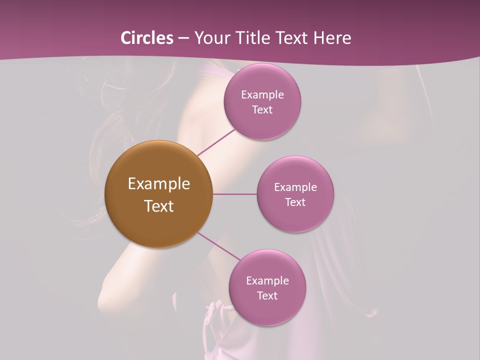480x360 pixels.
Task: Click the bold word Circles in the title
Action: coord(147,38)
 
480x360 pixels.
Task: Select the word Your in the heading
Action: coord(210,38)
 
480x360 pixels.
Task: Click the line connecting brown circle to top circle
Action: coord(216,141)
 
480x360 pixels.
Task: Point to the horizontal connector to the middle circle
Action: coord(234,194)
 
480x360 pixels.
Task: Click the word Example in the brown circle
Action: coord(159,184)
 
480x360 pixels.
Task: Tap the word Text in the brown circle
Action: coord(159,206)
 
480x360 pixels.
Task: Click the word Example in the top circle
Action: coord(262,94)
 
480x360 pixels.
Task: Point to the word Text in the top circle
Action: coord(262,109)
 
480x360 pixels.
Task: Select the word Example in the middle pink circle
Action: coord(295,187)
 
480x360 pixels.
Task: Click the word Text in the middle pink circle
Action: coord(295,202)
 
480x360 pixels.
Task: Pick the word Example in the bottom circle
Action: coord(267,280)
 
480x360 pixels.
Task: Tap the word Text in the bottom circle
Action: coord(267,295)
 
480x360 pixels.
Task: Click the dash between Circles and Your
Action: coord(183,38)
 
